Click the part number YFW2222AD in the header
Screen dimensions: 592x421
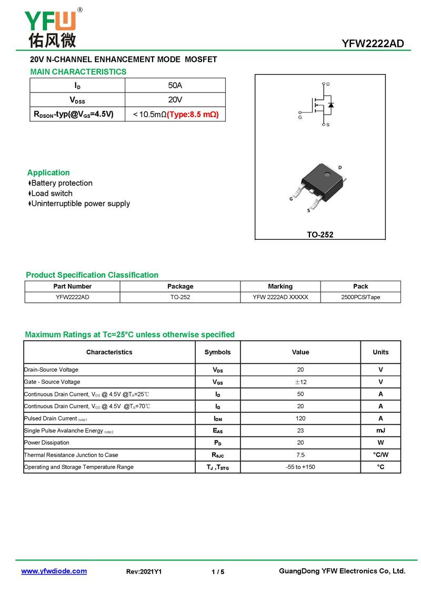point(373,44)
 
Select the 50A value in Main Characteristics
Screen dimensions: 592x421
point(175,85)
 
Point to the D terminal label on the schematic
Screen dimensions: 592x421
point(327,84)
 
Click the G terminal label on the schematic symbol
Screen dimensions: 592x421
point(300,117)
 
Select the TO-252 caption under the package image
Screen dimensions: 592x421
point(320,235)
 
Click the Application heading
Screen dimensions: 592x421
point(48,172)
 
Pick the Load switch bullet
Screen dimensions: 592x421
point(52,193)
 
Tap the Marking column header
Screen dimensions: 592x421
point(280,287)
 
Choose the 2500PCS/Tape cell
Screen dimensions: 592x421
point(360,297)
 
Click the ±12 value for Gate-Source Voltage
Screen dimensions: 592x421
point(300,382)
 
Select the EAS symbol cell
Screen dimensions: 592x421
point(217,431)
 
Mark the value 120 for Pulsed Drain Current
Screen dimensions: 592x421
point(300,419)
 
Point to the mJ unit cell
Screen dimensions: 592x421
point(380,431)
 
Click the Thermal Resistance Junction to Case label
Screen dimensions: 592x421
point(71,455)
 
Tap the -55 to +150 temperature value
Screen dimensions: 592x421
point(300,467)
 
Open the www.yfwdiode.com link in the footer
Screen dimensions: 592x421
point(54,571)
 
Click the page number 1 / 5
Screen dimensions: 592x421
point(218,571)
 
